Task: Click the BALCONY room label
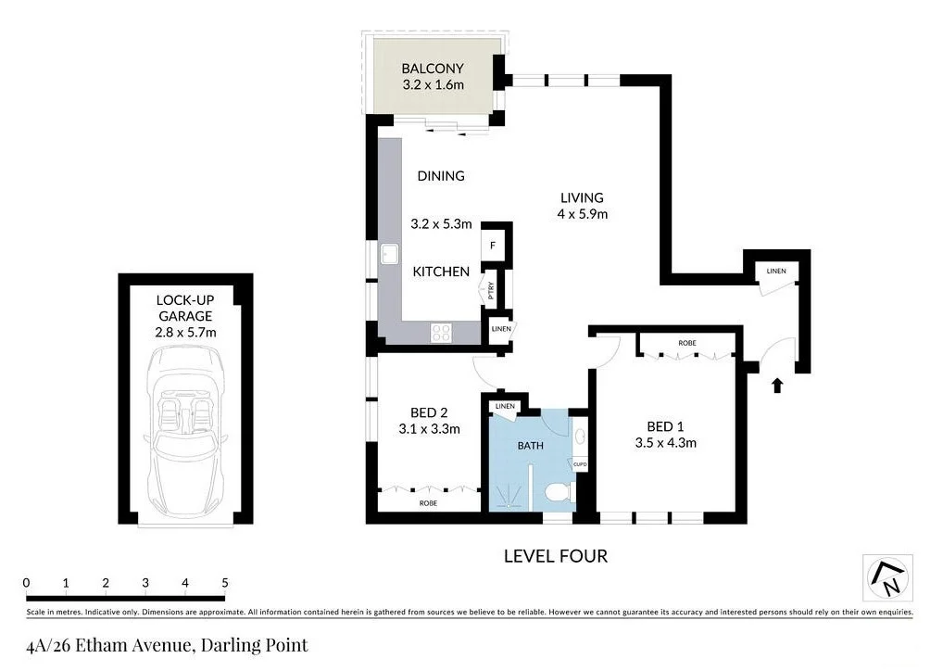click(432, 68)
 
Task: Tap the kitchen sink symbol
click(390, 254)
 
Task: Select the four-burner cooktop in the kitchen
click(442, 333)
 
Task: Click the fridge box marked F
click(493, 247)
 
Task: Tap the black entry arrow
click(776, 384)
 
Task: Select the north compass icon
click(887, 578)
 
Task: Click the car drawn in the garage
click(185, 428)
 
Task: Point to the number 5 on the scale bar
click(225, 583)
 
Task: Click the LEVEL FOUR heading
click(556, 556)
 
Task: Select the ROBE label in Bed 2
click(428, 503)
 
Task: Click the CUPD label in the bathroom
click(580, 463)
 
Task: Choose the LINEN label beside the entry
click(775, 271)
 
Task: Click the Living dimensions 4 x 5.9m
click(582, 214)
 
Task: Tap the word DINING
click(441, 176)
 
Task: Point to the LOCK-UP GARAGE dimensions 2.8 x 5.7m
click(186, 331)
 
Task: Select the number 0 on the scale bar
click(27, 583)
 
